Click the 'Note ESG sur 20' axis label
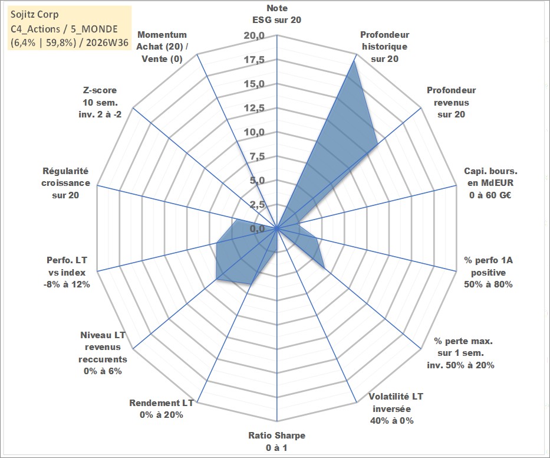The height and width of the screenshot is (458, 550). click(276, 14)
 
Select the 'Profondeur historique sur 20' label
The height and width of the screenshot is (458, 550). click(384, 47)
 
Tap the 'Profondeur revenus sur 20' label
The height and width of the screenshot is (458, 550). click(451, 102)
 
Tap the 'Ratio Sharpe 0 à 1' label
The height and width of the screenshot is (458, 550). click(276, 441)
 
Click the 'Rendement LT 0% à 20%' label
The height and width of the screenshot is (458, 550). click(162, 409)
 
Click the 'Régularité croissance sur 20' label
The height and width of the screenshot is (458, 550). click(65, 183)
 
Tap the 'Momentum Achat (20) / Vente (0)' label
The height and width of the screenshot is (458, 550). click(162, 47)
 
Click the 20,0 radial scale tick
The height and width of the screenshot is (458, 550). click(254, 35)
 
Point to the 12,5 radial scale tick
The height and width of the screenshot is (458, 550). click(254, 108)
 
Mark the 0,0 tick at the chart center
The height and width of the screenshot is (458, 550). click(258, 228)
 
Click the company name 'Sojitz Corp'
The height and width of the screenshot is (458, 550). click(34, 15)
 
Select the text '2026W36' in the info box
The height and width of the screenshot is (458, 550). click(107, 42)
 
